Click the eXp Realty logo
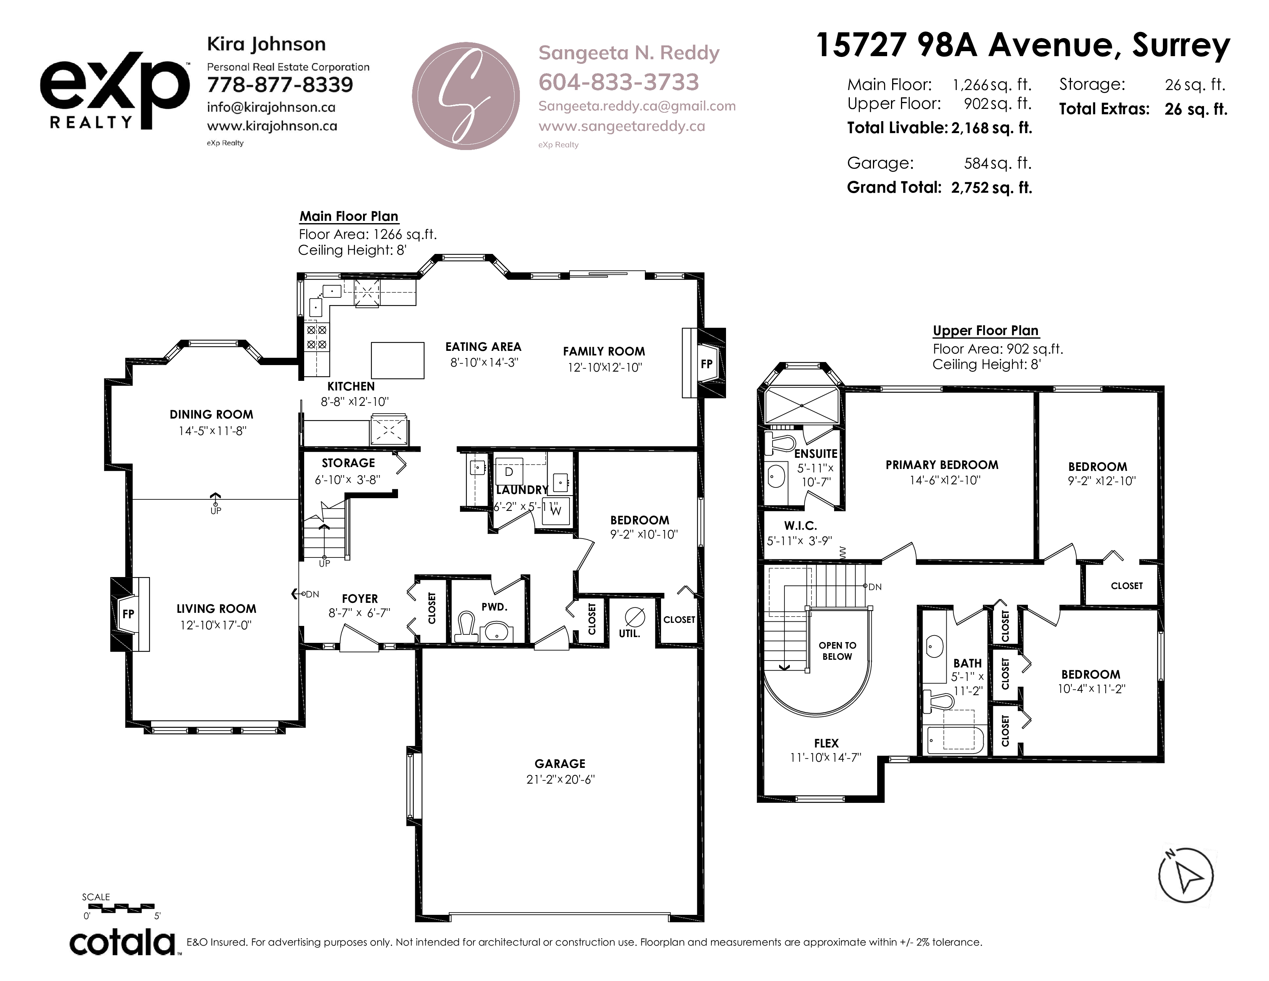(115, 90)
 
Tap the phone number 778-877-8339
(280, 85)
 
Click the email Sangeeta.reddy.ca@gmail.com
(637, 106)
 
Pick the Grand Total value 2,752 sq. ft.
(991, 188)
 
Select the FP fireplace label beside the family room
(706, 364)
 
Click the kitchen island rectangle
(398, 360)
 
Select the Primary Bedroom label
(942, 465)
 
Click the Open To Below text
(837, 651)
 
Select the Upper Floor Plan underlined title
(986, 331)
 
